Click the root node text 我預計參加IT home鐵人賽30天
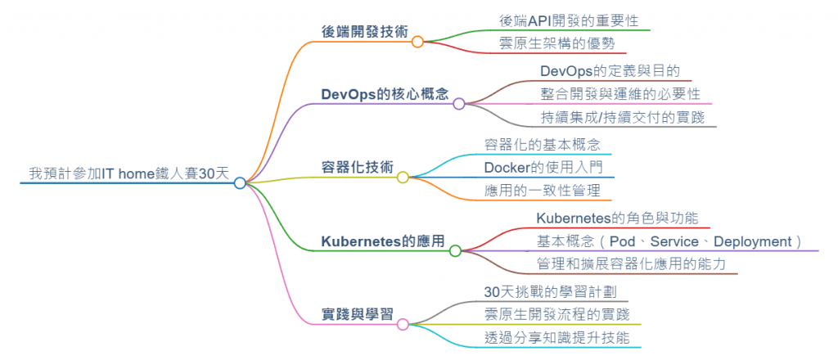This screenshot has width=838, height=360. click(x=128, y=173)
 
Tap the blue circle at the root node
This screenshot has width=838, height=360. click(x=239, y=183)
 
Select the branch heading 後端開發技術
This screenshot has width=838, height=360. click(x=365, y=31)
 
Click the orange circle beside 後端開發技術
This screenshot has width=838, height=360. click(x=417, y=41)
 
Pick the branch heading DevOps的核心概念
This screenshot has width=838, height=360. click(x=385, y=93)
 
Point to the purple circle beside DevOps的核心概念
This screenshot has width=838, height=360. click(x=459, y=104)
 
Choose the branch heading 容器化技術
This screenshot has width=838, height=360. click(x=358, y=167)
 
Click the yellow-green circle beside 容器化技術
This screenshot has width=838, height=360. click(x=403, y=177)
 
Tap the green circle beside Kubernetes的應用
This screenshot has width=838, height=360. click(x=456, y=251)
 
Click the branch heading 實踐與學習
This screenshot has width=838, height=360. click(x=358, y=315)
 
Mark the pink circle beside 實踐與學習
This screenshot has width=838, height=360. click(x=403, y=325)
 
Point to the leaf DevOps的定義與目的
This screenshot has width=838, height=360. click(x=610, y=71)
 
